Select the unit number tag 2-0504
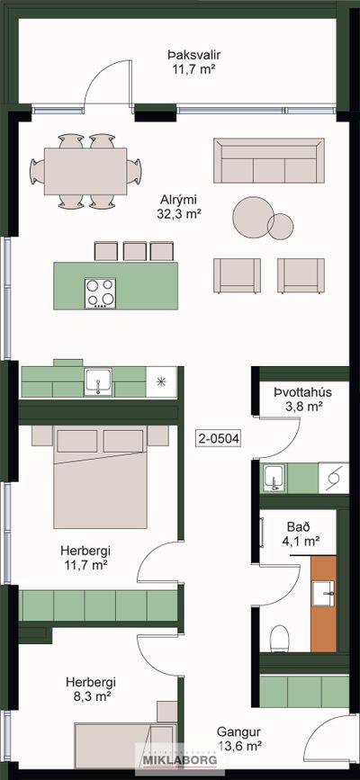pyautogui.click(x=219, y=439)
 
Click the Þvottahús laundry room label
pyautogui.click(x=302, y=392)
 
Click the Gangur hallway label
pyautogui.click(x=238, y=732)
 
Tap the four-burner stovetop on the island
pyautogui.click(x=100, y=292)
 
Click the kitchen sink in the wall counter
pyautogui.click(x=99, y=382)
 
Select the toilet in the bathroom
pyautogui.click(x=278, y=638)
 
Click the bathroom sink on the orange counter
pyautogui.click(x=324, y=593)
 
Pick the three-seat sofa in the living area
pyautogui.click(x=269, y=161)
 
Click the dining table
pyautogui.click(x=85, y=171)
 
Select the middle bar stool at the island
pyautogui.click(x=134, y=252)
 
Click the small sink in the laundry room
pyautogui.click(x=274, y=479)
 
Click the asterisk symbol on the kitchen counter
pyautogui.click(x=161, y=382)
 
